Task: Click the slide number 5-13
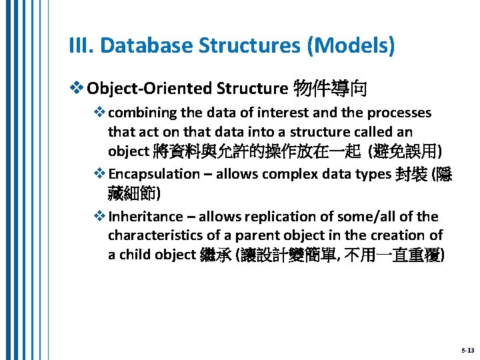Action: pos(467,350)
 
